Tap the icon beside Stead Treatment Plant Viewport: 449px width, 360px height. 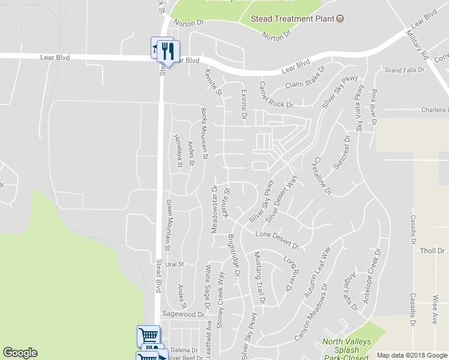pyautogui.click(x=340, y=19)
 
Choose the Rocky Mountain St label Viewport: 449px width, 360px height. pyautogui.click(x=204, y=133)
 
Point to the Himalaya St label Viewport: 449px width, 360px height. pyautogui.click(x=178, y=151)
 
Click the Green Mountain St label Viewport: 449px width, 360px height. pyautogui.click(x=169, y=224)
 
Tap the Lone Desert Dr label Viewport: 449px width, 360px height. pyautogui.click(x=277, y=239)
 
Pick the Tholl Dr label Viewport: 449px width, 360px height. pyautogui.click(x=432, y=251)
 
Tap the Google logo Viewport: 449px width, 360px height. pyautogui.click(x=20, y=353)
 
